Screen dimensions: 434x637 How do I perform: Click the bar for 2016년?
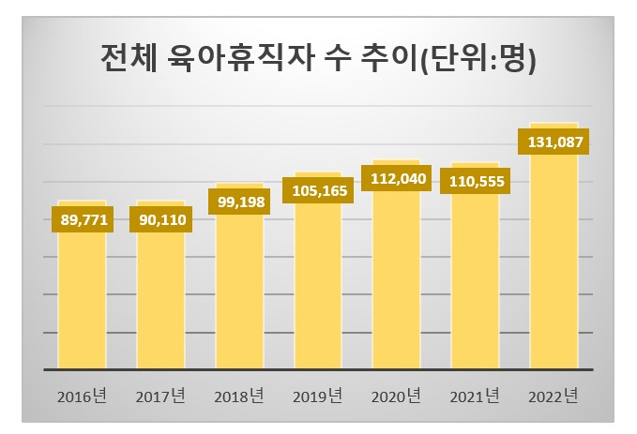point(82,300)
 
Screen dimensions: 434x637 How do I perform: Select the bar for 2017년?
point(160,300)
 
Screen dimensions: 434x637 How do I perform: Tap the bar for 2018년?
point(239,291)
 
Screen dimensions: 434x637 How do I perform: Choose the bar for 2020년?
point(396,281)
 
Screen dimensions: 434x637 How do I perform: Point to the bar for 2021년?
point(475,281)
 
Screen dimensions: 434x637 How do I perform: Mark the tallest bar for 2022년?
point(554,262)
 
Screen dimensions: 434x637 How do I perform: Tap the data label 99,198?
point(239,202)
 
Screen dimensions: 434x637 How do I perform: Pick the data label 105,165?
point(318,190)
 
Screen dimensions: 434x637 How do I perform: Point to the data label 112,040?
point(396,178)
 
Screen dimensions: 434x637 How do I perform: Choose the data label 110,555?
point(475,181)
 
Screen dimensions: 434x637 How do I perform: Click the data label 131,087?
point(554,142)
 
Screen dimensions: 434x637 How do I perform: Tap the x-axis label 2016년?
point(82,396)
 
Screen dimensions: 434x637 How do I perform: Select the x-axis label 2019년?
point(318,396)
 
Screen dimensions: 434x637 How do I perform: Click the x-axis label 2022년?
point(554,396)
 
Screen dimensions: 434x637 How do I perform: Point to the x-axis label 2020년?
point(396,396)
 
